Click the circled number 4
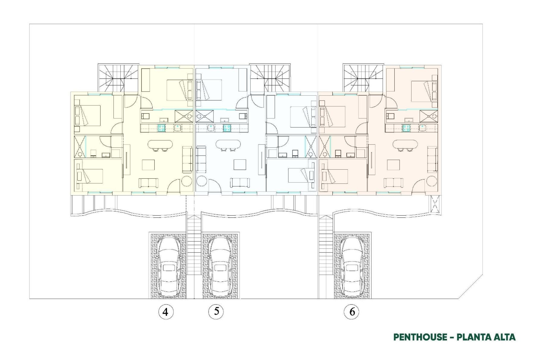click(x=166, y=312)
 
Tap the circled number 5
click(x=216, y=311)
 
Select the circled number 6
click(x=352, y=312)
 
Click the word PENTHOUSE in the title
click(x=420, y=337)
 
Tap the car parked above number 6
click(x=352, y=266)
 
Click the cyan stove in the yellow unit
click(x=161, y=128)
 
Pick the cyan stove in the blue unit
click(x=227, y=128)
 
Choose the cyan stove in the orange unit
click(x=406, y=128)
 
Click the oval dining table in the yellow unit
click(x=160, y=145)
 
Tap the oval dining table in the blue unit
click(x=228, y=145)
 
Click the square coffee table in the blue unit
click(x=240, y=165)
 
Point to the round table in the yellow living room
click(x=187, y=181)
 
